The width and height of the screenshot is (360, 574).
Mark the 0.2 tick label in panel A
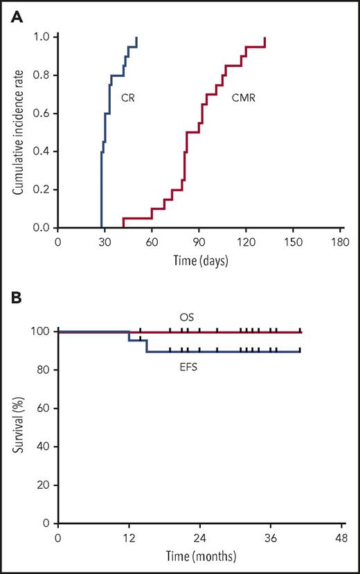[x=41, y=190]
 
